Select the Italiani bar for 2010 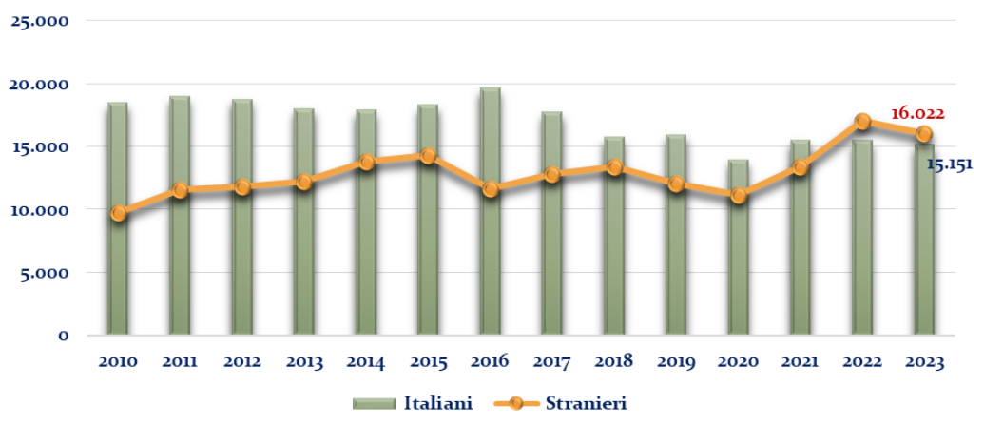click(118, 276)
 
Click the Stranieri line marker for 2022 click(862, 122)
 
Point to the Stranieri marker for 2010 click(118, 214)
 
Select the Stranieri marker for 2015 click(428, 156)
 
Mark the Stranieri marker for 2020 click(739, 196)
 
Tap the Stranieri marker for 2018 click(614, 167)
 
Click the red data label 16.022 click(916, 114)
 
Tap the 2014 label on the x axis click(366, 362)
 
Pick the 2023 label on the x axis click(924, 362)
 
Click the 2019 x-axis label click(676, 362)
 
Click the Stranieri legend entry click(561, 403)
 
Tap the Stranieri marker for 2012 click(242, 187)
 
